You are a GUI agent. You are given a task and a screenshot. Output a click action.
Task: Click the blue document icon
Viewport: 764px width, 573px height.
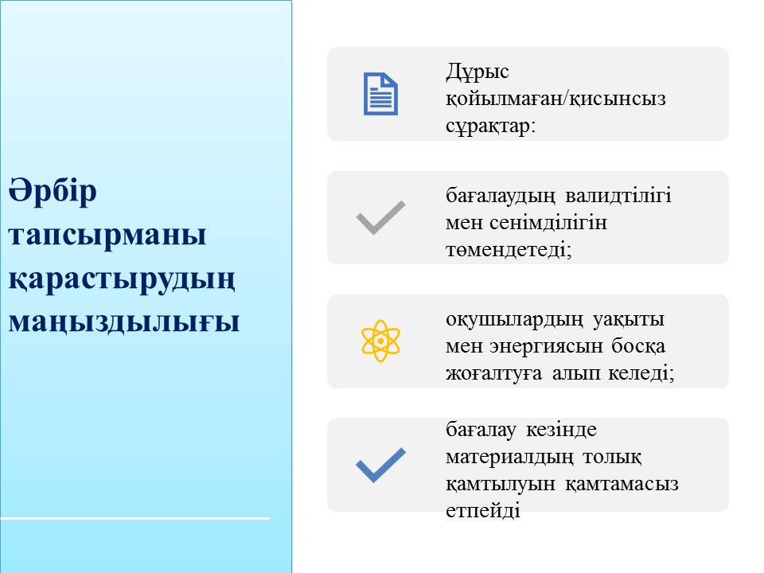[380, 94]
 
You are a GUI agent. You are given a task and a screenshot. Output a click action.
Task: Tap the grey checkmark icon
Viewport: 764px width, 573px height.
[380, 218]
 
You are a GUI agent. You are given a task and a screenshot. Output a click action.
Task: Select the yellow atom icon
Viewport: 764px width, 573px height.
[380, 341]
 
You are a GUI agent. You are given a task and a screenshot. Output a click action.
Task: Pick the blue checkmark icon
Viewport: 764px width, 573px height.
[380, 465]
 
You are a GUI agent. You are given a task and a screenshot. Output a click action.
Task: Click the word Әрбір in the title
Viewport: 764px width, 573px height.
[53, 190]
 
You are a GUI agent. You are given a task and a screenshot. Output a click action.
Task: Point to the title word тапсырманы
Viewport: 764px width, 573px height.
[107, 235]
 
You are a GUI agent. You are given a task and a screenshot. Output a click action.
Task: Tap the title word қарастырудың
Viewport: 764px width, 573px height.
[122, 279]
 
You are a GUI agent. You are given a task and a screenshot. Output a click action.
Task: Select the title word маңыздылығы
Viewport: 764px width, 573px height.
[124, 322]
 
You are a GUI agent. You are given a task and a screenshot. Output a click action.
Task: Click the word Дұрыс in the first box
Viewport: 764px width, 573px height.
[477, 72]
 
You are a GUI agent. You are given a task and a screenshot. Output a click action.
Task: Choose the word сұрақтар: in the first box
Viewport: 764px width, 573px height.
[491, 127]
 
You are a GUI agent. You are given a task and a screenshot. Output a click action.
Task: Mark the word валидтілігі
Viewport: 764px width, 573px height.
[618, 196]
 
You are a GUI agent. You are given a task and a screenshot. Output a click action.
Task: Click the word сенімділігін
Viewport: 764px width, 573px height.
[548, 223]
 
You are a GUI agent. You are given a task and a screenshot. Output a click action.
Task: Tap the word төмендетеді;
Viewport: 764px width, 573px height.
[509, 250]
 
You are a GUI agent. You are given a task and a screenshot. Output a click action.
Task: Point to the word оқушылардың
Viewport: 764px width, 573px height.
[514, 320]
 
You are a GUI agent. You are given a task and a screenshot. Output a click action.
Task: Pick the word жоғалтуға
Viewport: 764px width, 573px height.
[493, 374]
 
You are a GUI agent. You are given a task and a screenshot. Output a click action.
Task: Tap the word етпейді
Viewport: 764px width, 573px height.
[483, 511]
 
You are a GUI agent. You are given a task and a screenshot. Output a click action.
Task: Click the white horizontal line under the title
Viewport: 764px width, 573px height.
[135, 518]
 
